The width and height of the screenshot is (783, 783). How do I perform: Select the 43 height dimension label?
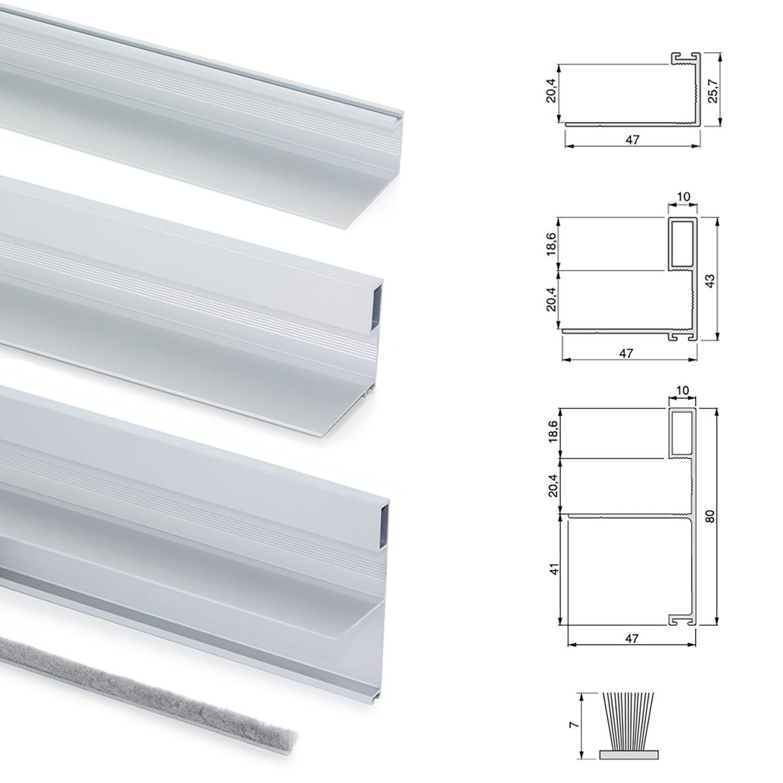click(711, 281)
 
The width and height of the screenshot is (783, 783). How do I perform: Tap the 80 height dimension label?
click(710, 516)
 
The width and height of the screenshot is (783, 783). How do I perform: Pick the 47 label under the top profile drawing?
click(633, 140)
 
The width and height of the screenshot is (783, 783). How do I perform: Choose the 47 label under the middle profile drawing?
click(626, 354)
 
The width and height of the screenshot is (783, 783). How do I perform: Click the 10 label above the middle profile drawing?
click(683, 197)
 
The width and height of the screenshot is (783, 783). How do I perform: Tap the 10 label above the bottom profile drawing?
click(683, 390)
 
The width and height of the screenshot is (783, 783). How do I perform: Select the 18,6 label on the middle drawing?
click(551, 244)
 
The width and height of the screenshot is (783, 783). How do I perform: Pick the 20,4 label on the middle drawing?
click(551, 299)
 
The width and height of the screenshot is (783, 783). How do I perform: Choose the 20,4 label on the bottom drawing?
click(553, 485)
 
